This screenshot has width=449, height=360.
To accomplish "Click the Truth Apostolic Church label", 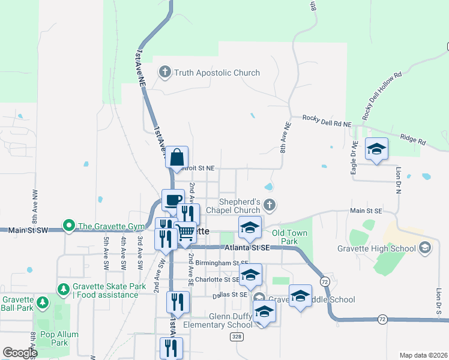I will pos(217,73).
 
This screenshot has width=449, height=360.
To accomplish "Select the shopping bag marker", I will pos(177,158).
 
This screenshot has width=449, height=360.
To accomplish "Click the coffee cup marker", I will pos(173,200).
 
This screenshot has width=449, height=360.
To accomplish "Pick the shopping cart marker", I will pos(185,231).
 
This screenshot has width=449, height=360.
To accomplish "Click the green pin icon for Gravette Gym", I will pos(69,227).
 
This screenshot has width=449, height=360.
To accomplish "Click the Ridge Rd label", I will pos(413,141).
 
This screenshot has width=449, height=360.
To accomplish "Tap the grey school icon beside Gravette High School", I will pos(425,248).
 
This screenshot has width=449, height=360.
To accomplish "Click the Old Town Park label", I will pos(289,237).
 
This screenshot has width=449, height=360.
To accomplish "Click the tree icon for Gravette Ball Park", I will pos(42,302).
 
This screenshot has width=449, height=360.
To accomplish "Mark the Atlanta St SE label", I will pos(247,247).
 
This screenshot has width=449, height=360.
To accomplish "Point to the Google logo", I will pos(20,353).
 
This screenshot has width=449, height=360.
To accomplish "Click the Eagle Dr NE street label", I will pos(355,157).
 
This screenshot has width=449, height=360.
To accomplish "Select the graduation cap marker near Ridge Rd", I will pos(376,149).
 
